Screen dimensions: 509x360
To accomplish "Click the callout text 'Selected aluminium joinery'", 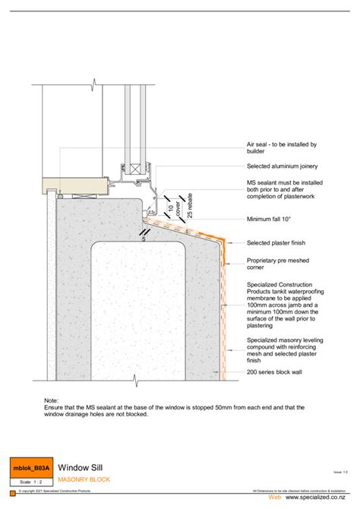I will click(281, 166).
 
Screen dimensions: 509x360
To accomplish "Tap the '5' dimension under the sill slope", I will click(144, 238).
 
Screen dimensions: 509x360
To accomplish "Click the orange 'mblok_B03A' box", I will click(31, 469).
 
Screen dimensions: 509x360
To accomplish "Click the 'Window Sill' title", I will click(81, 468).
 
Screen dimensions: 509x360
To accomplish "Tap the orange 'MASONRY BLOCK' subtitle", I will click(85, 480).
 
